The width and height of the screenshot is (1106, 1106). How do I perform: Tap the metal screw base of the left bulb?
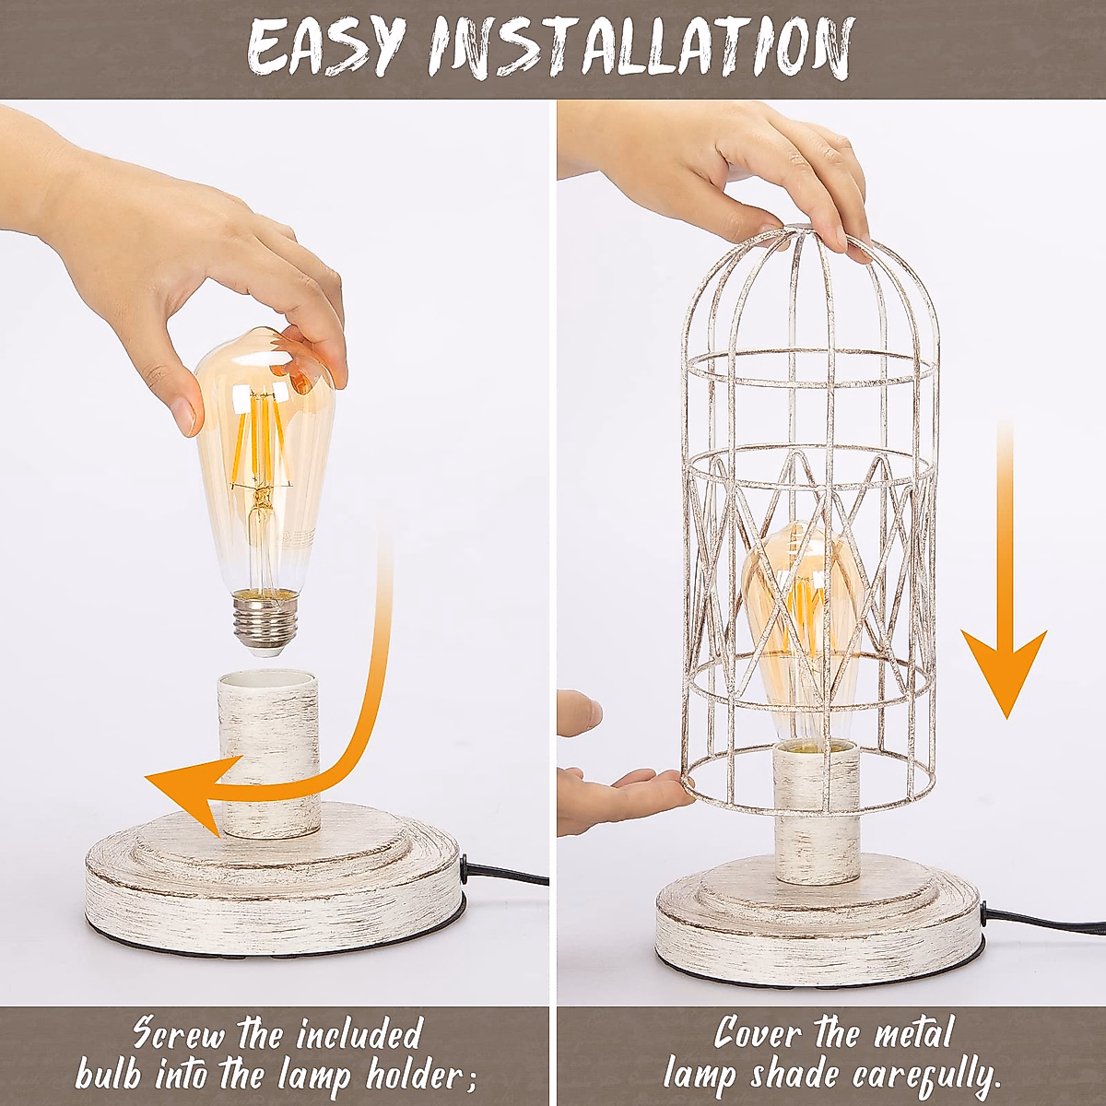click(265, 623)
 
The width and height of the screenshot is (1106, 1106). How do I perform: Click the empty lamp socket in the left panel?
click(269, 751)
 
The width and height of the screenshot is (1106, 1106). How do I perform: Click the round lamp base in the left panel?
click(272, 885)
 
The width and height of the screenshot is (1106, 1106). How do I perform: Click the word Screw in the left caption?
click(178, 1033)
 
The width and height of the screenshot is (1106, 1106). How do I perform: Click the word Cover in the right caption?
click(756, 1033)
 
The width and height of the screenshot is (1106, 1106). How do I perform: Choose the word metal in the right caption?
click(907, 1033)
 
